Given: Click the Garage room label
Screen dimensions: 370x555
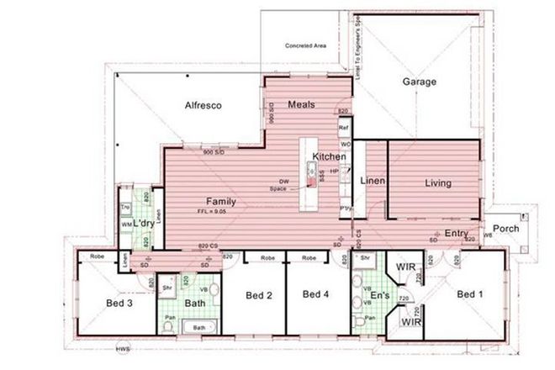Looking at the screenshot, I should pos(419,82).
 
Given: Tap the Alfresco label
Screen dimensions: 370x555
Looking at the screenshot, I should pos(203,105).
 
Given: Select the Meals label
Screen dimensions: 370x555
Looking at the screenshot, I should pos(300,103).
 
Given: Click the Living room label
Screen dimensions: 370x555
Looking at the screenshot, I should pos(437,182).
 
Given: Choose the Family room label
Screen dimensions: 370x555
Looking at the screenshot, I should pos(220,202).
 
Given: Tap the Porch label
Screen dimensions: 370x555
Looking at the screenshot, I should pos(505,229).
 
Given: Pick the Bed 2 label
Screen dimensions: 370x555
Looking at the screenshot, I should pos(257,294).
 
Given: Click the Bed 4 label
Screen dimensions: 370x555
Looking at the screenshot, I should pos(315,294).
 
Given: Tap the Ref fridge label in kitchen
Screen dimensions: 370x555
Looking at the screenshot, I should pos(343,127).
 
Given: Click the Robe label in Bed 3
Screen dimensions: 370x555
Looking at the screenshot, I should pos(98,256).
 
